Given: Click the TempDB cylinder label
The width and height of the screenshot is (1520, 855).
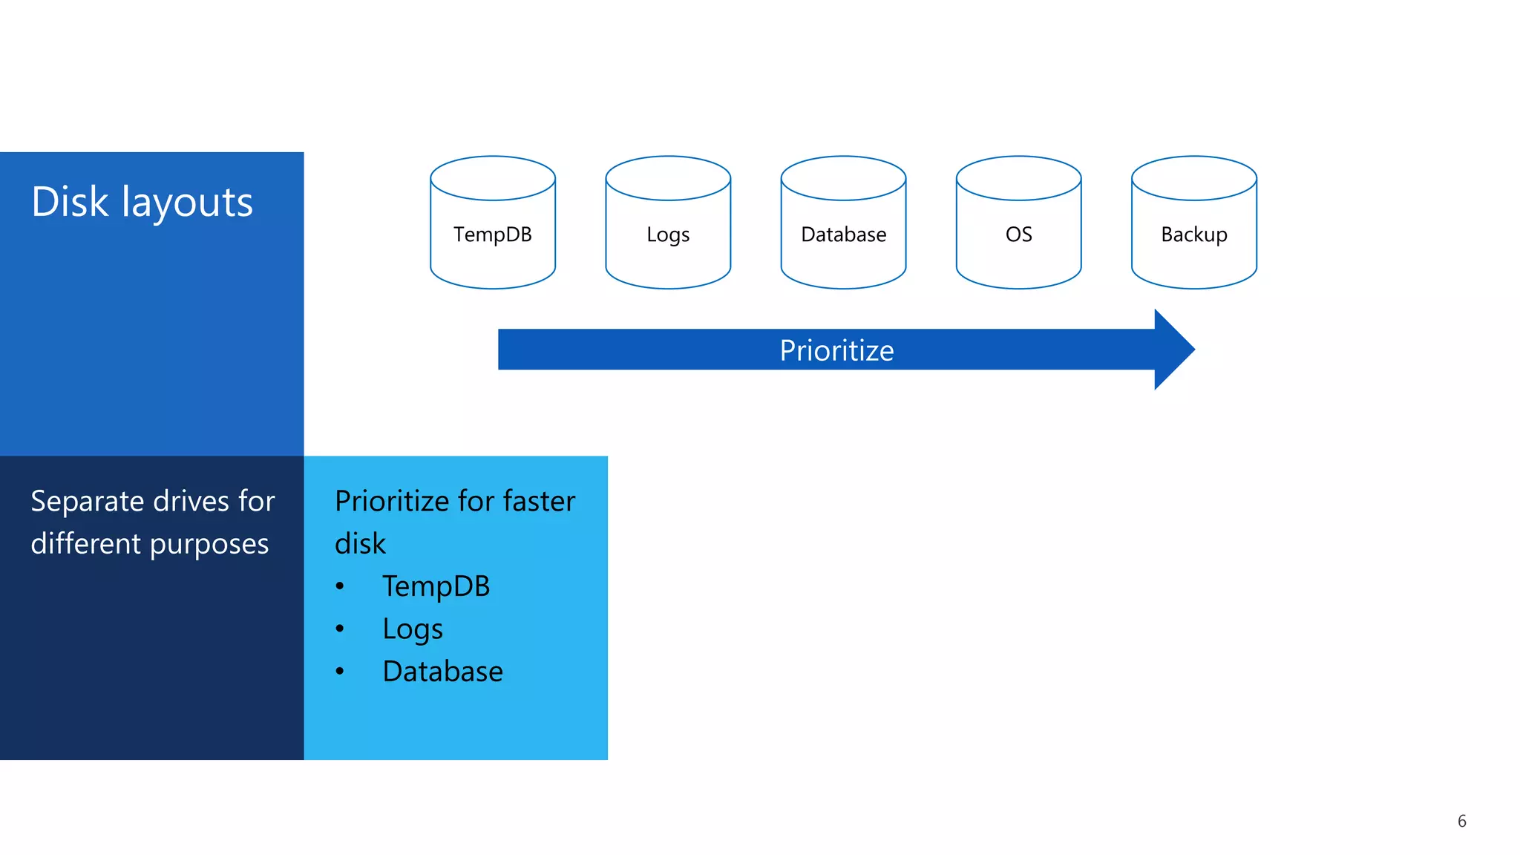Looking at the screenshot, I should pos(493,235).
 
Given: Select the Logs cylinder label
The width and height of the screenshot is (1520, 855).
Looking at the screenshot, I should pos(668,235).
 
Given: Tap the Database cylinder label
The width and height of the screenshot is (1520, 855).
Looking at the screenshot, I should pos(843,235).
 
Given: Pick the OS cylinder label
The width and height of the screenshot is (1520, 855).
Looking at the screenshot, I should pos(1018,235).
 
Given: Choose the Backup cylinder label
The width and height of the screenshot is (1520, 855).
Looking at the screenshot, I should pos(1193,235).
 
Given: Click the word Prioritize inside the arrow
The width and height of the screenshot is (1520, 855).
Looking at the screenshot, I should pos(836,350).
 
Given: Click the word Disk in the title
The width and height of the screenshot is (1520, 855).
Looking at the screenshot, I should pos(70,202).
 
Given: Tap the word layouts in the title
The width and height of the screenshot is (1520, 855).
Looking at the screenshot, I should pos(187,202).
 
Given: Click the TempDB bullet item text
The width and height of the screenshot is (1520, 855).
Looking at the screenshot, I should pos(436,586).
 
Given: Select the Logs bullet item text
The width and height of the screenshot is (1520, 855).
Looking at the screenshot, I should pos(413,629).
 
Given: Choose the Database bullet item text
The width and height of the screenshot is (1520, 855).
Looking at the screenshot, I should pos(442,672).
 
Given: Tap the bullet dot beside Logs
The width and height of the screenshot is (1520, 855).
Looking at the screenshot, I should pos(340,629).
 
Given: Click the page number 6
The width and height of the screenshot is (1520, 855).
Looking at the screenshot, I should pos(1461,821).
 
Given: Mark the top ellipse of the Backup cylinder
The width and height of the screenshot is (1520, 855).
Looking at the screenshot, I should pos(1193,178).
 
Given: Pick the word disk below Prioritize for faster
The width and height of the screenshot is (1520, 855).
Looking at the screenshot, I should pos(360,544).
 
